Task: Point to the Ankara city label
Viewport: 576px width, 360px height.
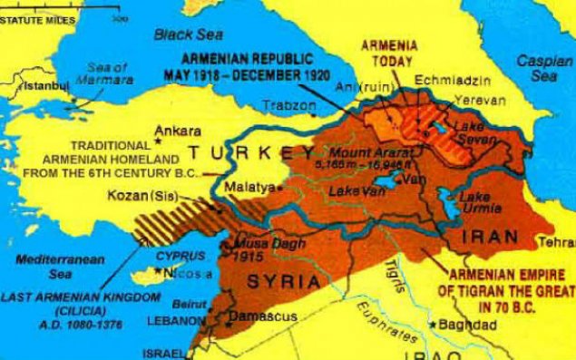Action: tap(178, 129)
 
